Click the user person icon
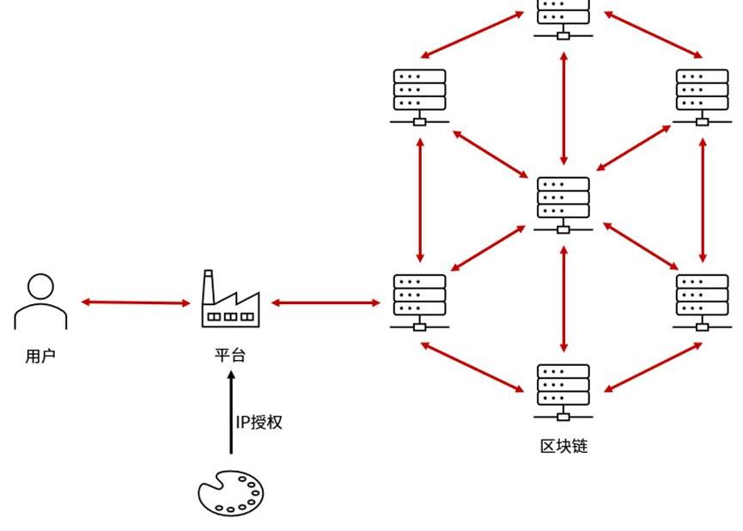[x=40, y=302]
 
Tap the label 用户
[x=40, y=356]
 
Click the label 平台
[x=230, y=355]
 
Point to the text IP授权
[x=259, y=422]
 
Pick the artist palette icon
[x=230, y=494]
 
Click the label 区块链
[x=563, y=446]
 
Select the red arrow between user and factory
[x=136, y=302]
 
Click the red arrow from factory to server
[x=326, y=302]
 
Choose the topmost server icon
[x=563, y=17]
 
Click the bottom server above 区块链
[x=563, y=391]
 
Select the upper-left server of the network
[x=420, y=95]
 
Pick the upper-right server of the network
[x=703, y=95]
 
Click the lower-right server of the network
[x=703, y=301]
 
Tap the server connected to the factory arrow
[x=420, y=301]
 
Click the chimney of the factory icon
[x=208, y=284]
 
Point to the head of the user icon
[x=40, y=286]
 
